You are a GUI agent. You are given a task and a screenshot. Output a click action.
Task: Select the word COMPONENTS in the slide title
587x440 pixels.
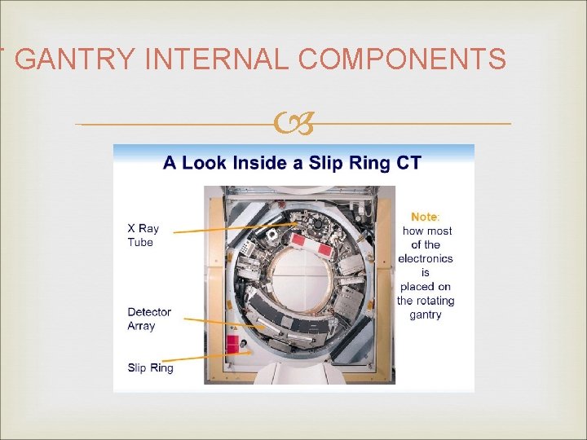click(x=403, y=59)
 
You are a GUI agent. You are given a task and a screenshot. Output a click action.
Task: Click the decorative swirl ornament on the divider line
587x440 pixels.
click(x=293, y=124)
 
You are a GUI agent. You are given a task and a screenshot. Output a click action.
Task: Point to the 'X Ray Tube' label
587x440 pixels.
click(x=143, y=235)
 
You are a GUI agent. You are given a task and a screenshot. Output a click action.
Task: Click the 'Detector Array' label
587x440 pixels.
click(x=149, y=319)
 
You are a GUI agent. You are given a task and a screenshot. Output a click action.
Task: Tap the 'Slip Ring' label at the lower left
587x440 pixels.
click(x=150, y=367)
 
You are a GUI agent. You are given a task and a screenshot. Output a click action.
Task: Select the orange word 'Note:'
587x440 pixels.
click(x=425, y=217)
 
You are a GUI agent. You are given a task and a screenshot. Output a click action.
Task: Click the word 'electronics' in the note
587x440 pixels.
click(x=425, y=258)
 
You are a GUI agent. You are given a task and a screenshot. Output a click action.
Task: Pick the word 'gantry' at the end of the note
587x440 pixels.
click(x=425, y=315)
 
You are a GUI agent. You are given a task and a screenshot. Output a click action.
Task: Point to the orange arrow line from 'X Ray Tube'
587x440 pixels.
click(x=236, y=227)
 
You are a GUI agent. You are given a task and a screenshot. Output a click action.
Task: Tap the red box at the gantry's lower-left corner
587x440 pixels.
click(x=232, y=343)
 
